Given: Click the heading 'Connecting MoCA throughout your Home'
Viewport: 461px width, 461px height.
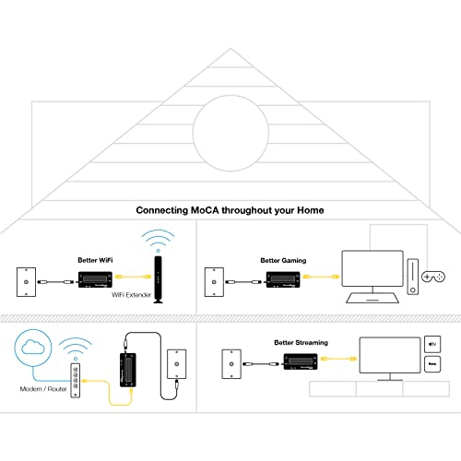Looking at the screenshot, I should point(230,210).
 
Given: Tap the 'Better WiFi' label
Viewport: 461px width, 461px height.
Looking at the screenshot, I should point(95,261).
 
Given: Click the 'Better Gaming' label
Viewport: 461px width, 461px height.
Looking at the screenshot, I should point(284,261).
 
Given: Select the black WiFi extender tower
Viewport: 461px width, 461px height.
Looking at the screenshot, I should point(158,272).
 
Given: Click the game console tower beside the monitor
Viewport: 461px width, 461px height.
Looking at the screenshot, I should point(412,274).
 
